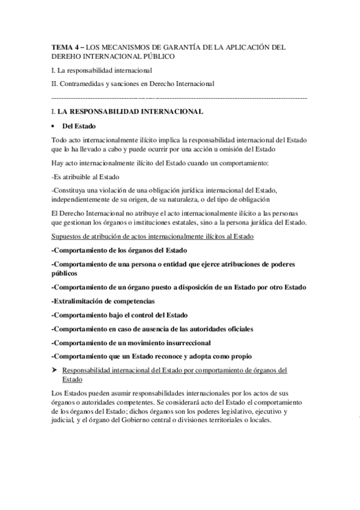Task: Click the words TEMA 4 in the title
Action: (65, 46)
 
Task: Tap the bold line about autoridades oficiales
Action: (153, 328)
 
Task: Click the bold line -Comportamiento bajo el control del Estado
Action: (120, 315)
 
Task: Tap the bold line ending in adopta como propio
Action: (151, 356)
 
